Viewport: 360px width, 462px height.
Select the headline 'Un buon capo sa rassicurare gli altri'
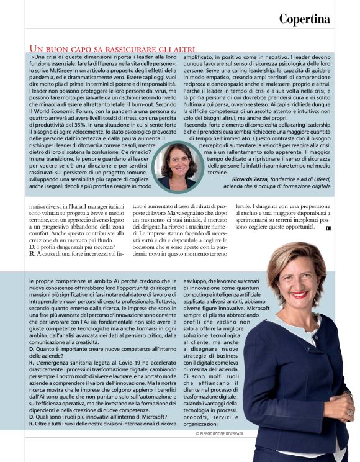[x=112, y=48]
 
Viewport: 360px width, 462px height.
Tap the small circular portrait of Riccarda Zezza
[x=175, y=165]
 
